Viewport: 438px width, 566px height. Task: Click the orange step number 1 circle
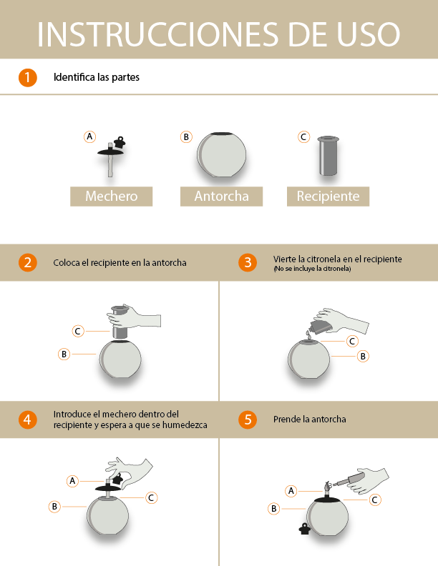coord(27,77)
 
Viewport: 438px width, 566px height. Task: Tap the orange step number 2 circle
coord(27,262)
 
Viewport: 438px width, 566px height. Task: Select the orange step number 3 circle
coord(248,262)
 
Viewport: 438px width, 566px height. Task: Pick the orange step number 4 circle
coord(27,419)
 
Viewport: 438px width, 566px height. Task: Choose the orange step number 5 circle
coord(248,419)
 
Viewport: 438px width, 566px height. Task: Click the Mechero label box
coord(111,196)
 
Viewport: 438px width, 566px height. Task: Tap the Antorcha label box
coord(221,196)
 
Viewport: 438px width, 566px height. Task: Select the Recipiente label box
coord(328,196)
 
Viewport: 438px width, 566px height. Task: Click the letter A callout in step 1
coord(89,136)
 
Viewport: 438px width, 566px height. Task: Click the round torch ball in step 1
coord(221,154)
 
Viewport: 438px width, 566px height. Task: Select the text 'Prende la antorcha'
coord(309,419)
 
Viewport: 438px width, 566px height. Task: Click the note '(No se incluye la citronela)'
coord(312,269)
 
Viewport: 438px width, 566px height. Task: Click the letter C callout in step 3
coord(352,342)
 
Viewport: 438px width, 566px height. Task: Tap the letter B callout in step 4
coord(54,506)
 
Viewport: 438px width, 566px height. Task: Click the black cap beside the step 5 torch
coord(305,529)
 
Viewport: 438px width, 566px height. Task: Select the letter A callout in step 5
coord(291,490)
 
